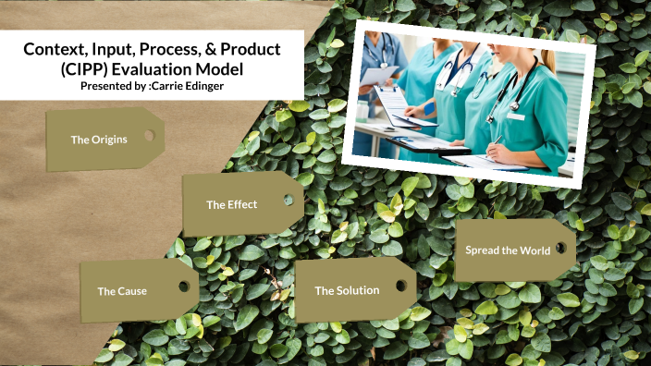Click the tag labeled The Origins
coord(99,140)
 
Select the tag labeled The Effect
coord(232,204)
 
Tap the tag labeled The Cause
coord(122,291)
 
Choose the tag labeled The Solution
coord(347,290)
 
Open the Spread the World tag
coord(508,250)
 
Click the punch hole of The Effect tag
coord(289,200)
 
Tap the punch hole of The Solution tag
coord(400,286)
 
